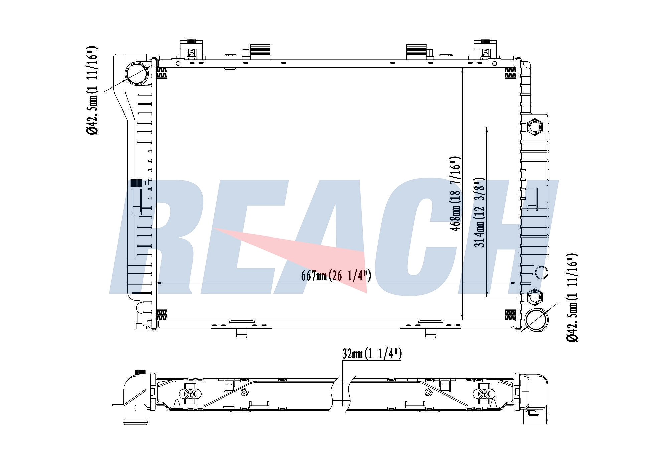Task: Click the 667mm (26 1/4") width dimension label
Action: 336,276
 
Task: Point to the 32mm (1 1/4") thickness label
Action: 372,354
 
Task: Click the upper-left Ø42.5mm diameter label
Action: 92,90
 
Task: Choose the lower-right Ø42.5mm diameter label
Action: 572,297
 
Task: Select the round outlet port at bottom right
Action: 537,320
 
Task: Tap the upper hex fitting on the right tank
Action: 534,127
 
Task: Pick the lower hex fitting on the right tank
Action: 534,297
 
